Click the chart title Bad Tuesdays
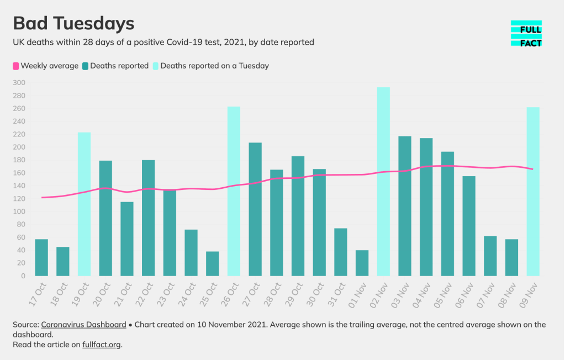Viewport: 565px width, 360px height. coord(73,24)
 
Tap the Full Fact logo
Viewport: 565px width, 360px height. coord(526,34)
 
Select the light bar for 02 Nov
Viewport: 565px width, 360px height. coord(383,182)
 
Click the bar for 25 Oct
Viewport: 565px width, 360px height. coord(213,264)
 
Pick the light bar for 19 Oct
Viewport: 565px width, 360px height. coord(84,204)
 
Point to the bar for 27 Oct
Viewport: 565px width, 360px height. coord(255,209)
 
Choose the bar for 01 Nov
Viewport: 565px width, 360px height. coord(362,263)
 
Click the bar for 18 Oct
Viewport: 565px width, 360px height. coord(63,261)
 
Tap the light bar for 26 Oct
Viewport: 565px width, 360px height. coord(234,191)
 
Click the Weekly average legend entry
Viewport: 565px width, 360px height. coord(45,66)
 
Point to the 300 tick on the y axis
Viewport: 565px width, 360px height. coord(19,83)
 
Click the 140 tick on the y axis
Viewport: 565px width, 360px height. coord(19,186)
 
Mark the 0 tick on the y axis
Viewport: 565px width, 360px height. coord(23,276)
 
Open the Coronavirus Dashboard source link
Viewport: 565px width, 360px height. coord(83,325)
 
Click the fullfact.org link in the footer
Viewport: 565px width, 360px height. coord(101,345)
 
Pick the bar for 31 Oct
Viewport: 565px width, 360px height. coord(341,252)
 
